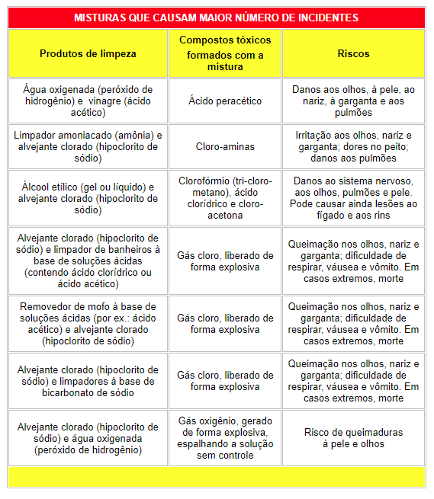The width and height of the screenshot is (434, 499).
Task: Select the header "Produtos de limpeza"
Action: pos(88,54)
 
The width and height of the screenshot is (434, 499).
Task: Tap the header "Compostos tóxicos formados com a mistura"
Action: pos(225,54)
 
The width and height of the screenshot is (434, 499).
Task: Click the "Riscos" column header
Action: pos(353,54)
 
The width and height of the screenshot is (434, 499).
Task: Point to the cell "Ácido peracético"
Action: pos(225,101)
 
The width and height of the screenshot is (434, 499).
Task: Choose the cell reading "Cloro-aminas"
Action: pos(225,146)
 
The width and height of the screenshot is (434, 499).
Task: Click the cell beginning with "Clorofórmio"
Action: pos(225,198)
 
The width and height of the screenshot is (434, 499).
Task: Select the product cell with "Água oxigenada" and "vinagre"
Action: pos(88,101)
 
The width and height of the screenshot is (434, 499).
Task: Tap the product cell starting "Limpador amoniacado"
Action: pos(88,146)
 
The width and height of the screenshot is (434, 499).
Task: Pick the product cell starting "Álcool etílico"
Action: pos(88,198)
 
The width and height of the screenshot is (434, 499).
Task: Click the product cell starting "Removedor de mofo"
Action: pos(88,324)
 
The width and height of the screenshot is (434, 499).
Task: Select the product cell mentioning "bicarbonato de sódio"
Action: pos(88,381)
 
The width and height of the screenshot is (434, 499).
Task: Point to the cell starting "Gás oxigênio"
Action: pos(225,438)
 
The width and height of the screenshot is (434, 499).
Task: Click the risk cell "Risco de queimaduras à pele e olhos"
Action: pos(353,438)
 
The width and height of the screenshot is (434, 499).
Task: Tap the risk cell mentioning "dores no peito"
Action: pos(353,146)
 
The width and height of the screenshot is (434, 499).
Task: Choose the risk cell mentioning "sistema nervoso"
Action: pos(353,198)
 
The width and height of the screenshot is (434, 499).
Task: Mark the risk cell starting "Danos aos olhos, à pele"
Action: pos(353,101)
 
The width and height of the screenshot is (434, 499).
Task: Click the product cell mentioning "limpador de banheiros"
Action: pos(88,261)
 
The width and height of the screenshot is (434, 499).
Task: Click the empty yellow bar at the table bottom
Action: pos(217,478)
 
